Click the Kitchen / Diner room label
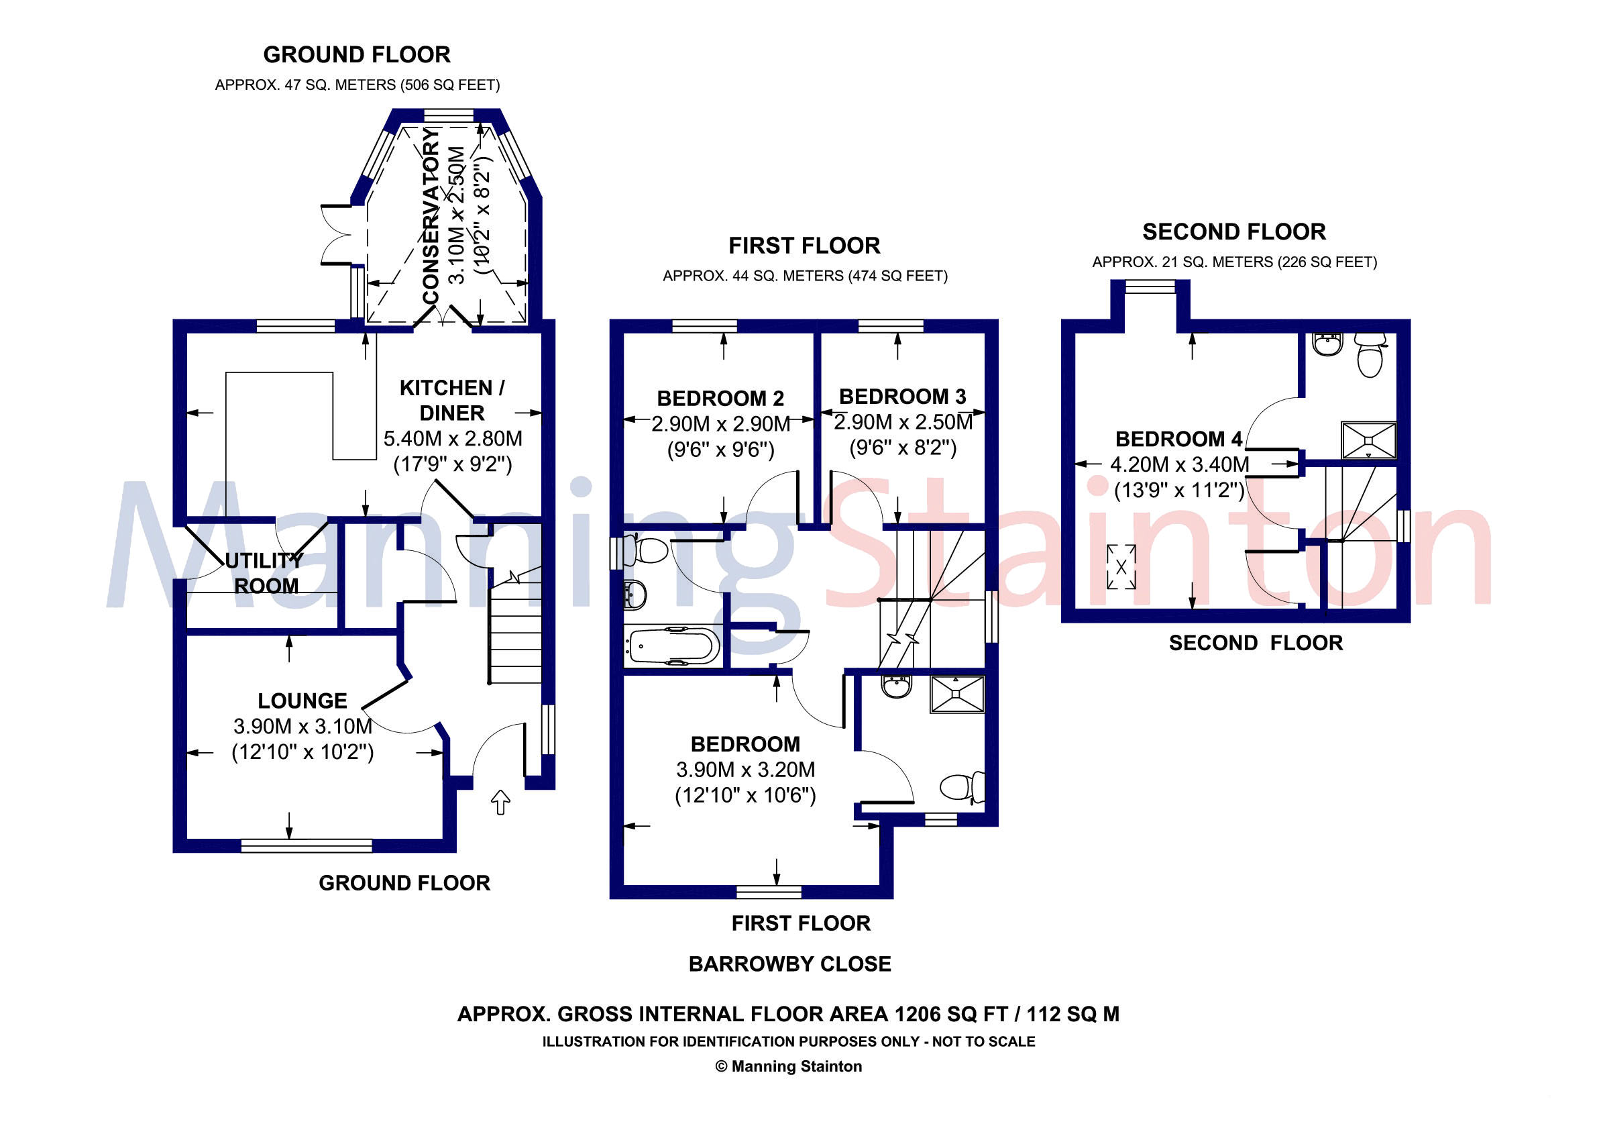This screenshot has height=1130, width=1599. point(452,400)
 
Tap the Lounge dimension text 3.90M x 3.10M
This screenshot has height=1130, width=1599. point(302,727)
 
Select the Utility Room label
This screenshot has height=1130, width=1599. point(265,572)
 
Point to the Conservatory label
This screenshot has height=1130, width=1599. point(432,216)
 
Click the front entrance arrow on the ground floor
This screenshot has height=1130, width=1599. point(500,802)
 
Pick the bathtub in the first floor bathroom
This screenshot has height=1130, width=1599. point(672,646)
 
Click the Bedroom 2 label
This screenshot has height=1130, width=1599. point(720,399)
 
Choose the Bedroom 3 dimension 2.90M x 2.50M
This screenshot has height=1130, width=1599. point(903,422)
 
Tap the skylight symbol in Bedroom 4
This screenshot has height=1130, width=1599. point(1121,567)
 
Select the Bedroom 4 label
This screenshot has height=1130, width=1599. point(1178,439)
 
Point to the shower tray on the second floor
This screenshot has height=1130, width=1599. point(1368,440)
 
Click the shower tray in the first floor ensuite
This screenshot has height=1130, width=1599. point(957,693)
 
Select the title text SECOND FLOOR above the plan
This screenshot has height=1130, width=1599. point(1233,232)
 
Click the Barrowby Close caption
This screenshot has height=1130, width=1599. point(789,964)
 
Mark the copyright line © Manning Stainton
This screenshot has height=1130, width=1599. point(788,1067)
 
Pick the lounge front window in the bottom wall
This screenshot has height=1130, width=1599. point(307,845)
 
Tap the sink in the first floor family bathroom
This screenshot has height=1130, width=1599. point(635,594)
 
